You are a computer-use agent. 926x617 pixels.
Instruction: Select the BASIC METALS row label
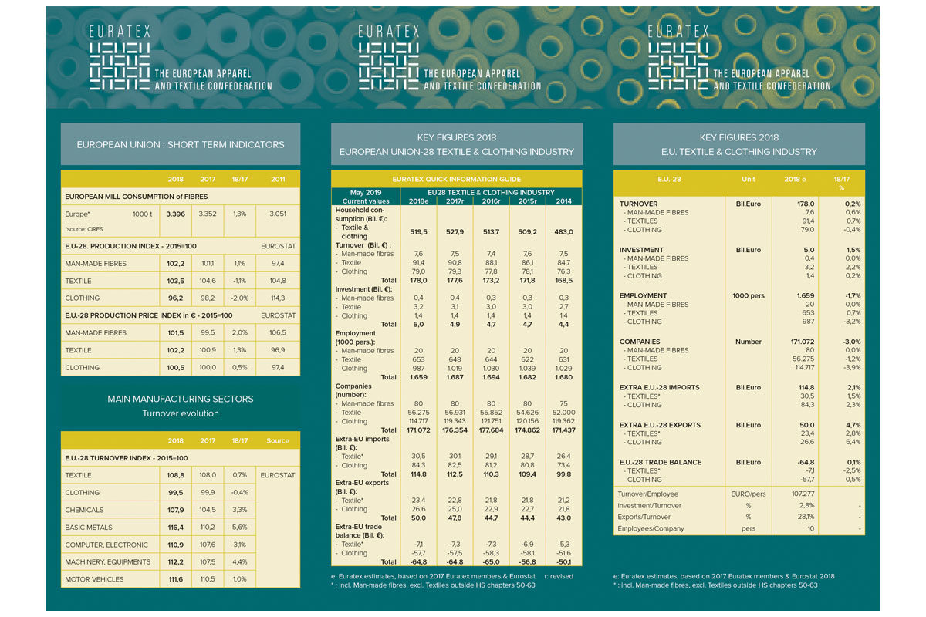click(x=90, y=528)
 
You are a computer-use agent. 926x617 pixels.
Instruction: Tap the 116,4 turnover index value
click(x=175, y=528)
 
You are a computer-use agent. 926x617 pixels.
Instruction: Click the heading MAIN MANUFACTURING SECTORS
click(x=180, y=399)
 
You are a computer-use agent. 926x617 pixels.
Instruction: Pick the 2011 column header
click(x=278, y=179)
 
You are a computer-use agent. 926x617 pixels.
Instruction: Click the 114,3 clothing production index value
click(x=278, y=298)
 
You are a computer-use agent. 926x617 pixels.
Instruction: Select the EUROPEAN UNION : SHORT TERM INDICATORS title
click(x=181, y=144)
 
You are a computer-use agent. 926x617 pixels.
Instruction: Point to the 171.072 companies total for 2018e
click(x=417, y=430)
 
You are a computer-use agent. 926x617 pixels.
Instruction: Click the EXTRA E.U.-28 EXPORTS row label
click(x=661, y=425)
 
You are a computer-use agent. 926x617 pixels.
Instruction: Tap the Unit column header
click(x=749, y=180)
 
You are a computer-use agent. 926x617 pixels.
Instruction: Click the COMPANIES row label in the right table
click(x=640, y=342)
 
